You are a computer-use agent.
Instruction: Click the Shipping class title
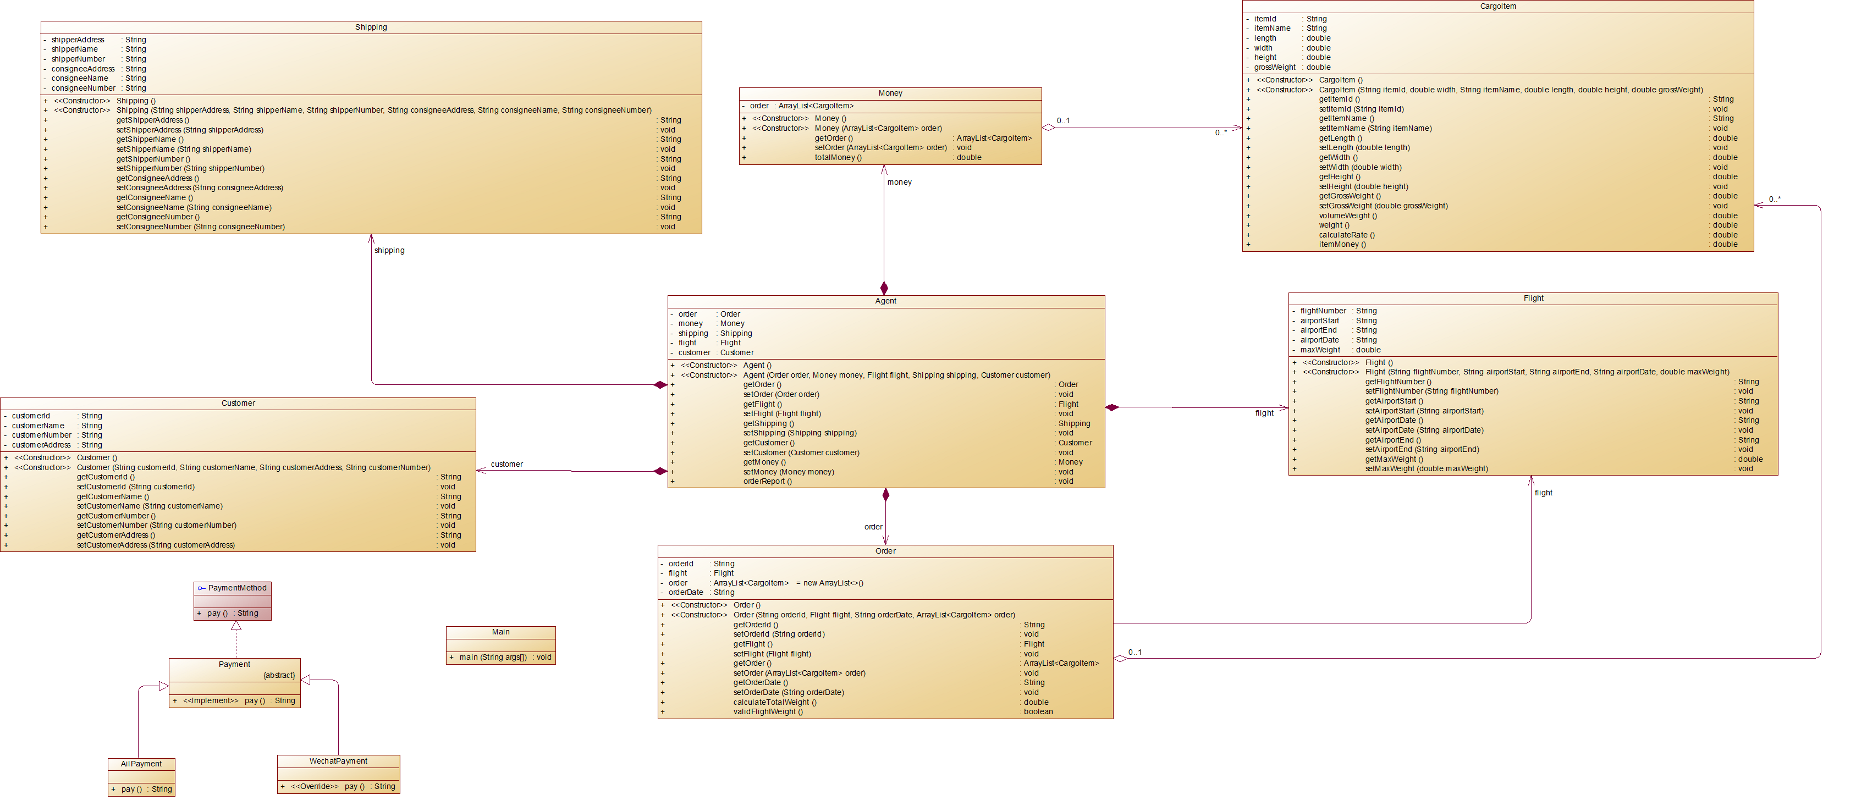click(x=371, y=27)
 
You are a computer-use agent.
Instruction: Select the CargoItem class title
click(x=1497, y=7)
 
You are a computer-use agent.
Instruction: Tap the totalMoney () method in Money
click(x=838, y=158)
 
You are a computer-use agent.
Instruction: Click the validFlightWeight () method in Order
click(x=768, y=712)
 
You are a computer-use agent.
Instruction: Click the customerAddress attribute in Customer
click(x=41, y=445)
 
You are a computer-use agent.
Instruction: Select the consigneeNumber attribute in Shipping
click(x=84, y=89)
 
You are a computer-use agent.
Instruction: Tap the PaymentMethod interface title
click(x=237, y=588)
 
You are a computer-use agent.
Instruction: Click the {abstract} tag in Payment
click(x=279, y=676)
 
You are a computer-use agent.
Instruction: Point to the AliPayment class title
click(x=141, y=764)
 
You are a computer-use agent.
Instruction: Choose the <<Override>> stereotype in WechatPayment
click(x=315, y=786)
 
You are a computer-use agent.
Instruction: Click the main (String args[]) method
click(x=493, y=658)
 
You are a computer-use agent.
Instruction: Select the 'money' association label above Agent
click(x=900, y=183)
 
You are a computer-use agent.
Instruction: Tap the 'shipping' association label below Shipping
click(x=389, y=251)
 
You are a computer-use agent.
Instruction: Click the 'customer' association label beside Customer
click(x=506, y=465)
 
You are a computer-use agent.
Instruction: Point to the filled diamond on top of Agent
click(x=884, y=289)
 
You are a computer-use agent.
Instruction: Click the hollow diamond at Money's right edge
click(x=1048, y=128)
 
